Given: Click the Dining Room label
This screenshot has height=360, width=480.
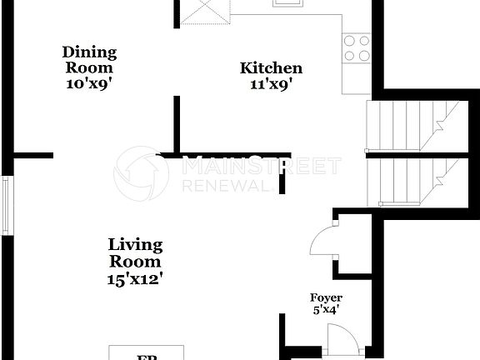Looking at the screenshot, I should [x=89, y=60].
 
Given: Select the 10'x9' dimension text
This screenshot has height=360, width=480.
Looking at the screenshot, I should [x=89, y=83].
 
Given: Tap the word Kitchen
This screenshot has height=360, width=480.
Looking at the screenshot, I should [x=271, y=68].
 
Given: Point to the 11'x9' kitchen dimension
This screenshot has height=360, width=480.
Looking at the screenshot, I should [x=271, y=83].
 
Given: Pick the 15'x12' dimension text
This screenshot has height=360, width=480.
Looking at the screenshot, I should [x=135, y=278].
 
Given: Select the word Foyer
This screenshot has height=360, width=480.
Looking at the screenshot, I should [x=326, y=297].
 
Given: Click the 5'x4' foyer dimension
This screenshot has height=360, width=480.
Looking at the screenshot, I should [x=326, y=310].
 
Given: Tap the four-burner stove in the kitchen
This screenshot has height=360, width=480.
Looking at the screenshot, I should [x=357, y=47].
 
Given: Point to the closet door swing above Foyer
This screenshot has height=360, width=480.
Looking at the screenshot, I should [x=322, y=242].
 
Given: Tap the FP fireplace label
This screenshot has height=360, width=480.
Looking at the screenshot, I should [x=147, y=357].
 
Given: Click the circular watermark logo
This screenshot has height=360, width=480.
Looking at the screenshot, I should [x=141, y=173].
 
